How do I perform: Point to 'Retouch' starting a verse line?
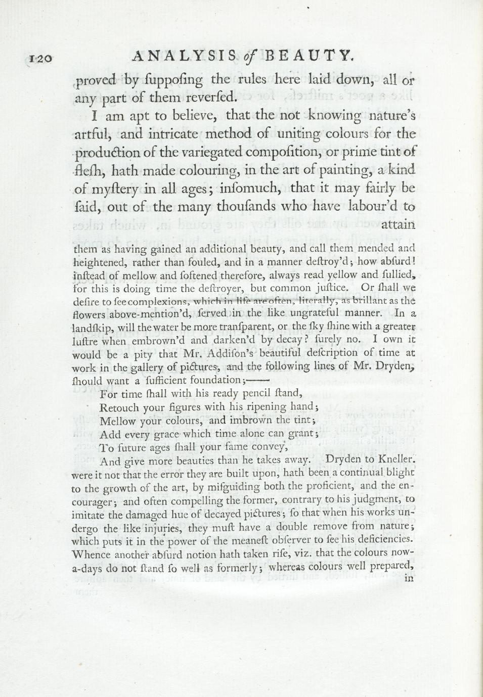point(117,407)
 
